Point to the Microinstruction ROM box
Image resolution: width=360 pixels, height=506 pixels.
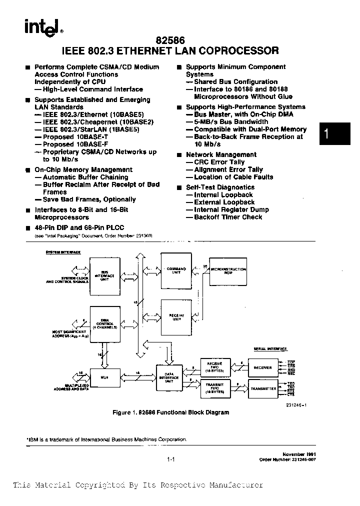[x=228, y=270]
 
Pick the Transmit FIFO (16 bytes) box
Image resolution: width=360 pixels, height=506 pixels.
[x=214, y=388]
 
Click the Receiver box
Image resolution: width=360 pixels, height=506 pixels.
[x=262, y=367]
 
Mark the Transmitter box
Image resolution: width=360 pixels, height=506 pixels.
[x=262, y=388]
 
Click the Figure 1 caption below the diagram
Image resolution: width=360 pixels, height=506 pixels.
[x=171, y=413]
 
